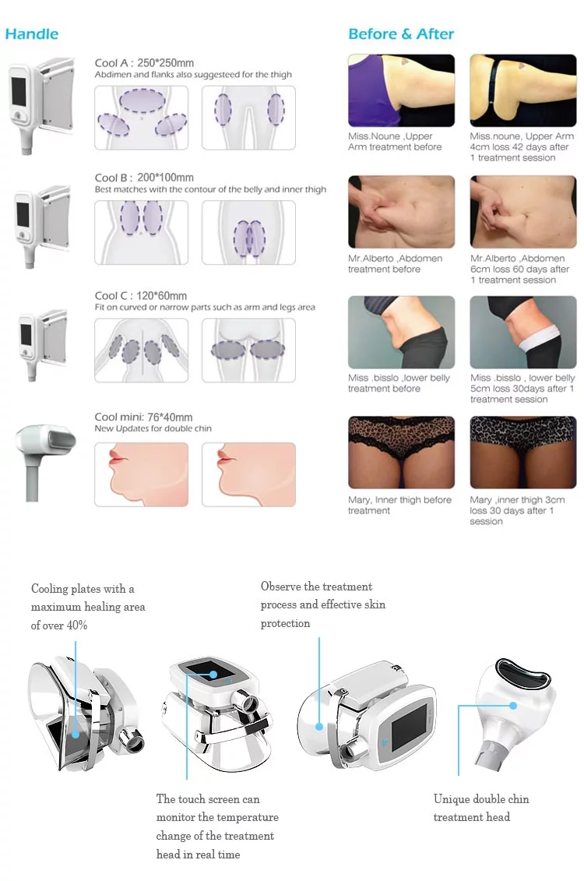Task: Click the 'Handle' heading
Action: [32, 33]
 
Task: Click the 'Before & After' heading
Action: [401, 33]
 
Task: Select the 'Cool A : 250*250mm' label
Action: [144, 63]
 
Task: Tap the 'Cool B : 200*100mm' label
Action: [144, 178]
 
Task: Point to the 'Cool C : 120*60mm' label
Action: [141, 295]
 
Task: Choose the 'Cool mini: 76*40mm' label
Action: [143, 417]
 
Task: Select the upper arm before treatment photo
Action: [401, 90]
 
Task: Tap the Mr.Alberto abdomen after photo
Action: [523, 212]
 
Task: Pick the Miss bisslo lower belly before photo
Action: [401, 333]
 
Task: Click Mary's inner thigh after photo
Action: [523, 453]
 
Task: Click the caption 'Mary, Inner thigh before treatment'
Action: [399, 505]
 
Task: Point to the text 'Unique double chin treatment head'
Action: [480, 808]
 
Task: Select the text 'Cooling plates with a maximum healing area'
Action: [88, 597]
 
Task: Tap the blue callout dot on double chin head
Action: [513, 706]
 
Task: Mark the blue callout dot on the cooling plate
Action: [76, 733]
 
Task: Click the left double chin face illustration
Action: [141, 474]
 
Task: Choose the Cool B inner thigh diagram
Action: [248, 232]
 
